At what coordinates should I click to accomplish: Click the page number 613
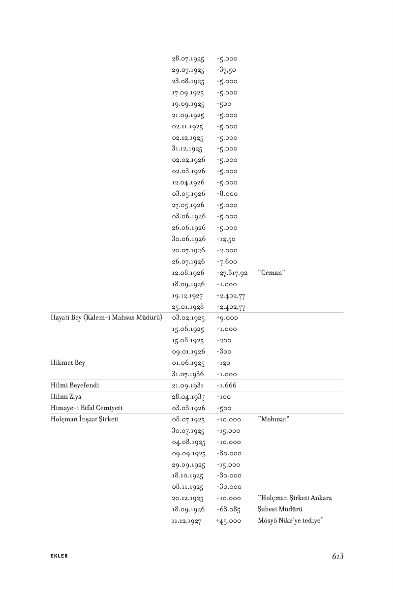337,556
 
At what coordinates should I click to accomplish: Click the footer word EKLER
59,556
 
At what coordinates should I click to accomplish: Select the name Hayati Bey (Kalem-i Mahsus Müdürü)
106,318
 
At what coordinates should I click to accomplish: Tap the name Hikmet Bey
67,363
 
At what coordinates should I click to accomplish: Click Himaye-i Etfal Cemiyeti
79,408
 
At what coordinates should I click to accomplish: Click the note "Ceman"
271,273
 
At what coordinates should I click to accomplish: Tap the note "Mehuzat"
273,419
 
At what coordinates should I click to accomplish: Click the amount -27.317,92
232,273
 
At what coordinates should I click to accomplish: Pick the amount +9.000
226,318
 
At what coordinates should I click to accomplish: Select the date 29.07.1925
188,70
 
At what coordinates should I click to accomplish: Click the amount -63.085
228,509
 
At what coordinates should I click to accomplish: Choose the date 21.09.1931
188,385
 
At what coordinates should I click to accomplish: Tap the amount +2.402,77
230,296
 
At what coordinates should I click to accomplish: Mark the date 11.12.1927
186,521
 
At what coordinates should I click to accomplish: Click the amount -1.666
226,385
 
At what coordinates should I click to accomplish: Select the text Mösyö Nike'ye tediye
291,521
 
